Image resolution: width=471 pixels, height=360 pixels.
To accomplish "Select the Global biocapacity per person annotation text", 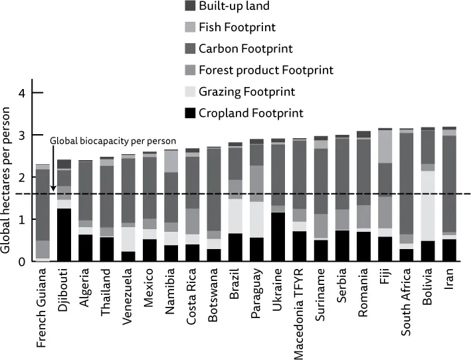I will click(113, 141).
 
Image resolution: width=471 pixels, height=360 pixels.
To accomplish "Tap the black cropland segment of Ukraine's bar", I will click(279, 236).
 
